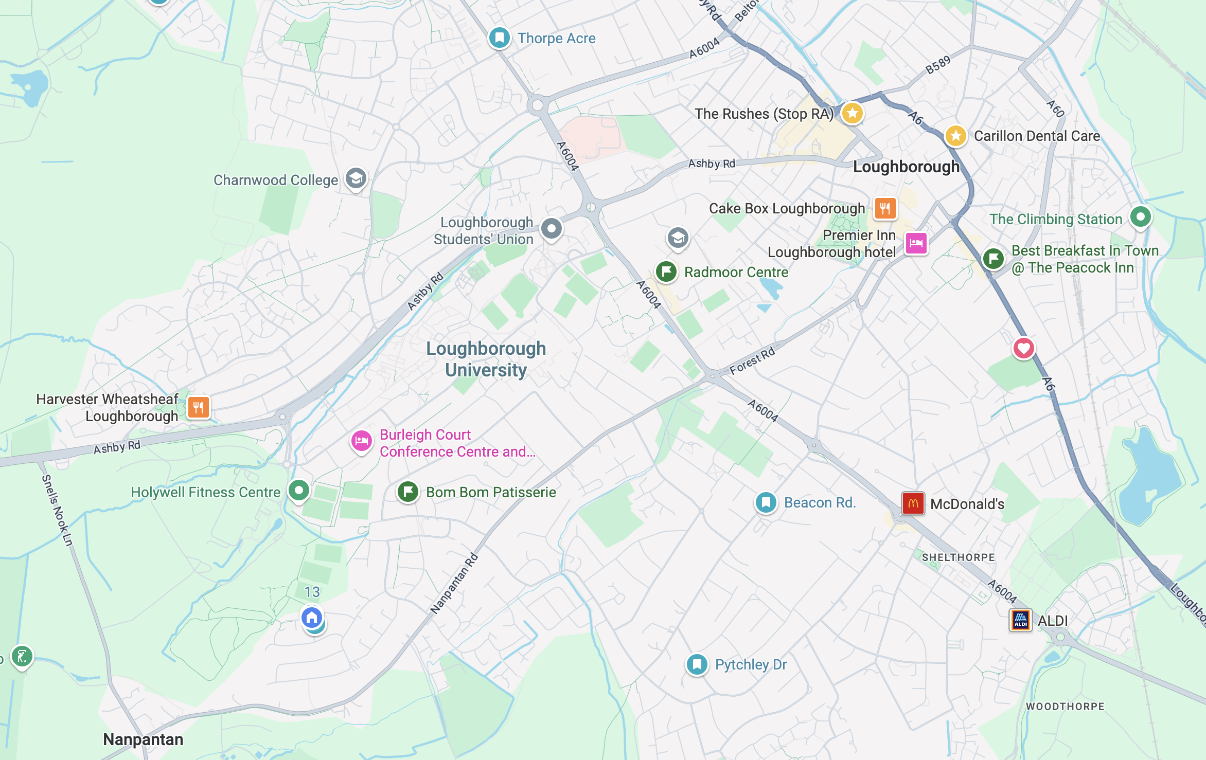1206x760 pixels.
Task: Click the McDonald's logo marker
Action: coord(913,503)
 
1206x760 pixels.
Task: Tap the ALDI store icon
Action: coord(1020,620)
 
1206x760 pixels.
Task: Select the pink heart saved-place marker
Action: coord(1023,349)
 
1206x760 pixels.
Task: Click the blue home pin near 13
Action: coord(312,617)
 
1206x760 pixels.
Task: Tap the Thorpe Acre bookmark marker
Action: coord(499,38)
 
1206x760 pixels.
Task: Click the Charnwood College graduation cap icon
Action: coord(356,178)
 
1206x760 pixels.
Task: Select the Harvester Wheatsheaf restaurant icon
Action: coord(198,407)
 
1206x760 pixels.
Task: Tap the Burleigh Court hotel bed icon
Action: coord(361,441)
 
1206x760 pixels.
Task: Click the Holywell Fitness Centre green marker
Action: coord(298,490)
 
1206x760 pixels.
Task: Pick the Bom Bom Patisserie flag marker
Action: coord(408,492)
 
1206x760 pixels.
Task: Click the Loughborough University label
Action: coord(486,359)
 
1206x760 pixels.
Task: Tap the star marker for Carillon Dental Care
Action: coord(955,136)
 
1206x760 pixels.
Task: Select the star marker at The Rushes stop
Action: coord(852,113)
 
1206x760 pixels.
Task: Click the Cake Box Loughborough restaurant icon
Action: coord(885,208)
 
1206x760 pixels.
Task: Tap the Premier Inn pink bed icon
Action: coord(916,243)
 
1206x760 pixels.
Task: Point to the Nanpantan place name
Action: coord(143,739)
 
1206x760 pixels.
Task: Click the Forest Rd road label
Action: coord(752,361)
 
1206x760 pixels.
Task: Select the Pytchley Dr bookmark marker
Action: coord(697,664)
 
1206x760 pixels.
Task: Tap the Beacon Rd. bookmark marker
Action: coord(766,502)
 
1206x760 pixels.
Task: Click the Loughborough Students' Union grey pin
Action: coord(551,228)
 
